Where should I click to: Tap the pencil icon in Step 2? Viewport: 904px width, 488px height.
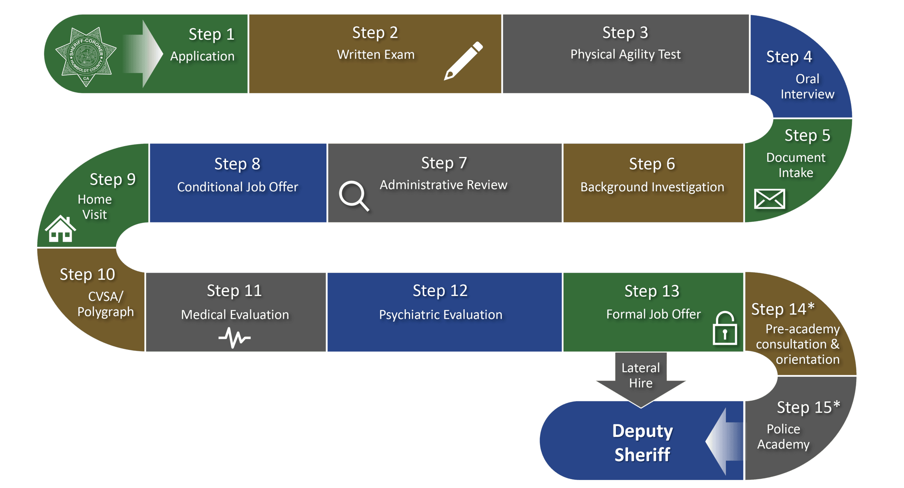(x=463, y=61)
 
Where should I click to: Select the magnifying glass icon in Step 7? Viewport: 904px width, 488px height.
(x=353, y=196)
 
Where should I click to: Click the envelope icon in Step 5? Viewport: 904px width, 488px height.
(x=769, y=198)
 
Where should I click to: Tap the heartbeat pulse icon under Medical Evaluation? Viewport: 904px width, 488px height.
(x=234, y=337)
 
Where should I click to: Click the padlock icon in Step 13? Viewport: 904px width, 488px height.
(x=725, y=329)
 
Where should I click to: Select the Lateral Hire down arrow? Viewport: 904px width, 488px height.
(x=641, y=381)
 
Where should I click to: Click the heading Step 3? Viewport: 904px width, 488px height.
(x=625, y=33)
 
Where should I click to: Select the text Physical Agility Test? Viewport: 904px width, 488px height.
(x=625, y=54)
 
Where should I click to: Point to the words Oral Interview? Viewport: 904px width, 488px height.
(x=807, y=86)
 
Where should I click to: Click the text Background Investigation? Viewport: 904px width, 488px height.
(x=652, y=187)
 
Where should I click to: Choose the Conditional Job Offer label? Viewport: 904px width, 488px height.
(x=237, y=187)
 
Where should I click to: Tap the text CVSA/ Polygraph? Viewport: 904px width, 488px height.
(x=105, y=304)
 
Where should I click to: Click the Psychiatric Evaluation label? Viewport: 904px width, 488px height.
(x=441, y=315)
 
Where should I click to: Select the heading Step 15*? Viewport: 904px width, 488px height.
(x=808, y=407)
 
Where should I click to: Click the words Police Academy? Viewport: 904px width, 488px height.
(x=783, y=437)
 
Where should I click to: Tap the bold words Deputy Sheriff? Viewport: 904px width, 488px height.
(x=642, y=443)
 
